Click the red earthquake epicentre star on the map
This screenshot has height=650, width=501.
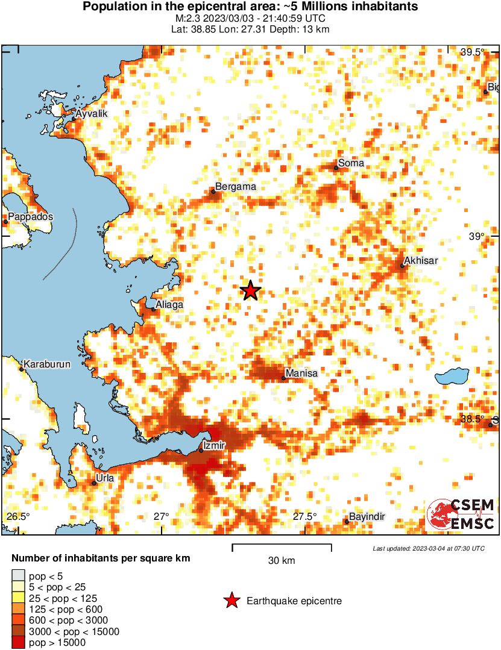tap(250, 291)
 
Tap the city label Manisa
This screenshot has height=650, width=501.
tap(301, 373)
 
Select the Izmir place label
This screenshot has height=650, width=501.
tap(215, 445)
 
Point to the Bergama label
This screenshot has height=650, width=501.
tap(236, 187)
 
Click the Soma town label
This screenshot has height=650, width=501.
tap(351, 163)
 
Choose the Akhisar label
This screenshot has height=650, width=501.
tap(421, 260)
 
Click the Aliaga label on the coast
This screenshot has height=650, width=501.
tap(169, 305)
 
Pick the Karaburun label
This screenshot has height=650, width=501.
tap(47, 364)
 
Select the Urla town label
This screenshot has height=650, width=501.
tap(105, 478)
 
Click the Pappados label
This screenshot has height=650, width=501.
tap(30, 216)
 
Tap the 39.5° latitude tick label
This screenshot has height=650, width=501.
tap(473, 52)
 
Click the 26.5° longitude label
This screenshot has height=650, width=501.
tap(18, 516)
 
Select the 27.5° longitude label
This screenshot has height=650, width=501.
tap(305, 516)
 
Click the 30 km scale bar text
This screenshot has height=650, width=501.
tap(282, 561)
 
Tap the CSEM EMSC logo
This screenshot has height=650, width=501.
tap(461, 514)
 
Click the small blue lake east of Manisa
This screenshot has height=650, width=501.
tap(452, 378)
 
